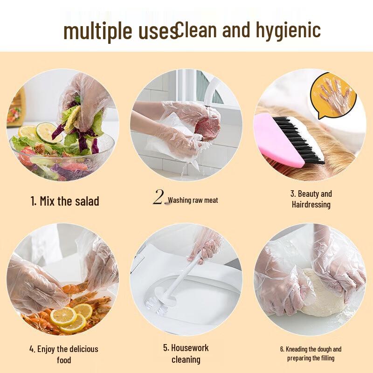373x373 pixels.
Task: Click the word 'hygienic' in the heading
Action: click(288, 30)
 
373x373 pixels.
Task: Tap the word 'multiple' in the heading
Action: click(93, 31)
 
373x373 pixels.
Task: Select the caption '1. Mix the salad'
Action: click(65, 201)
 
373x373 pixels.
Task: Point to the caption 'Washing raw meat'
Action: click(193, 200)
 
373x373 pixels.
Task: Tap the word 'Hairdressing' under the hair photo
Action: click(311, 204)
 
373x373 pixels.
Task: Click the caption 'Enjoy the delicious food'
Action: click(64, 354)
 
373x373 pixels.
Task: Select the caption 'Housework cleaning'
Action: click(186, 353)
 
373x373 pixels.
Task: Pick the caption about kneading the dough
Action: click(311, 353)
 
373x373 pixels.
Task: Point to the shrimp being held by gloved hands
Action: click(75, 289)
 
